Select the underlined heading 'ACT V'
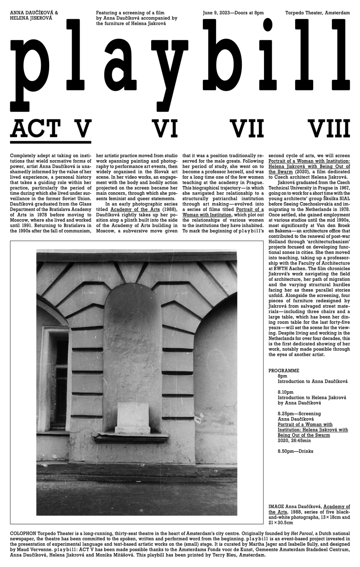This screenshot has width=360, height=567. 51,129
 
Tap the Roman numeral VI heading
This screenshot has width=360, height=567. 166,129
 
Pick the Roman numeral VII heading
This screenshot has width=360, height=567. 249,129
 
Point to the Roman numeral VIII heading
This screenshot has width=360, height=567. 330,129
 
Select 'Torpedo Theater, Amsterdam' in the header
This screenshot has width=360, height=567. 318,13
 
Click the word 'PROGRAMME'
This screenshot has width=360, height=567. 284,371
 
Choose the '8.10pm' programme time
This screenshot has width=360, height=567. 286,392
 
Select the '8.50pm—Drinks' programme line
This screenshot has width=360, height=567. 296,451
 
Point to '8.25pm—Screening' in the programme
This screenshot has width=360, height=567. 299,414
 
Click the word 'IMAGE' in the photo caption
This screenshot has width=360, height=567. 276,507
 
